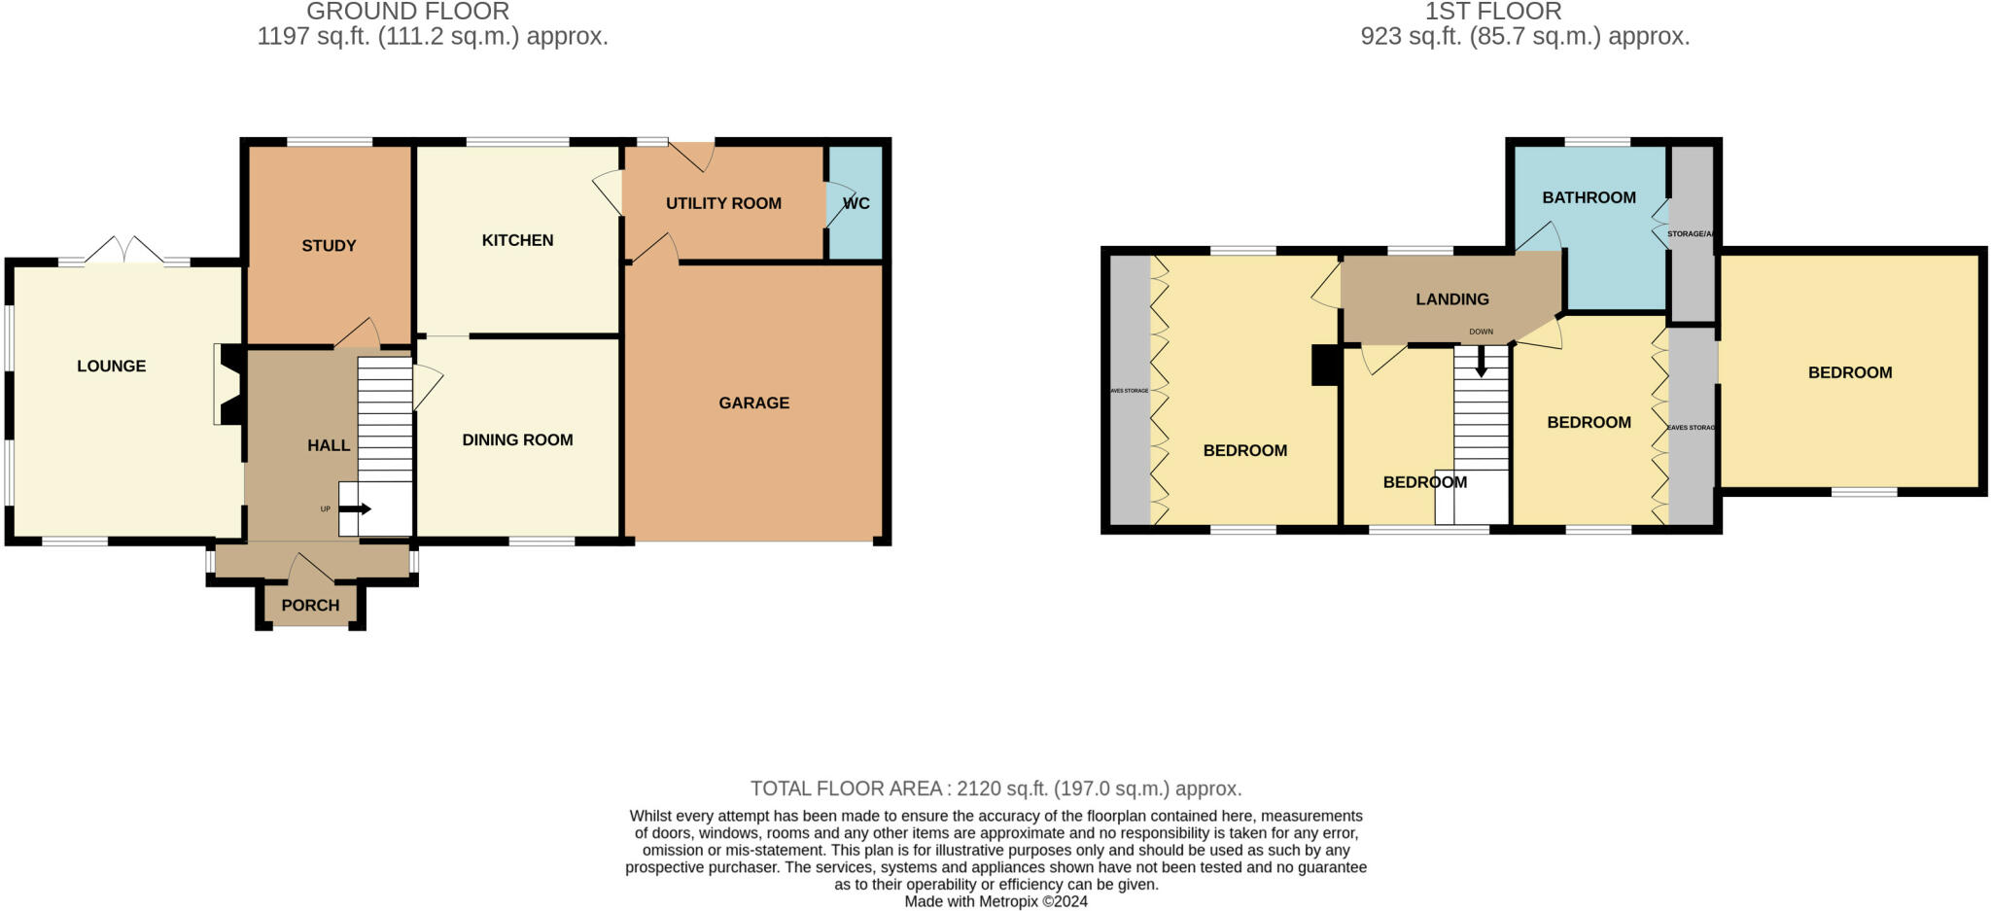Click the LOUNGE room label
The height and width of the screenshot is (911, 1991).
pyautogui.click(x=112, y=367)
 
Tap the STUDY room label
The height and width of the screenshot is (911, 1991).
pyautogui.click(x=329, y=246)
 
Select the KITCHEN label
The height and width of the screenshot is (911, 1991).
pyautogui.click(x=517, y=240)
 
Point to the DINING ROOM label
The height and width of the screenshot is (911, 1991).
pyautogui.click(x=517, y=440)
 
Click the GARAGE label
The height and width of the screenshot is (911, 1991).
pyautogui.click(x=753, y=403)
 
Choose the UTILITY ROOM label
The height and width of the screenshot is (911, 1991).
pyautogui.click(x=723, y=203)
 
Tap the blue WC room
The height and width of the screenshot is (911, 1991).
pyautogui.click(x=856, y=203)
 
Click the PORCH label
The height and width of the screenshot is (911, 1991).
pyautogui.click(x=310, y=605)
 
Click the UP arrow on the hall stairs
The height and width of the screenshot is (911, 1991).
pyautogui.click(x=361, y=508)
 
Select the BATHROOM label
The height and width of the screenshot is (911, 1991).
pyautogui.click(x=1589, y=197)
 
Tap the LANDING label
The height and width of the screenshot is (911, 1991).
pyautogui.click(x=1451, y=299)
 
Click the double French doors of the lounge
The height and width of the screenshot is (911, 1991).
pyautogui.click(x=124, y=251)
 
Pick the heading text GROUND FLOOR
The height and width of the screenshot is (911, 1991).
pyautogui.click(x=407, y=12)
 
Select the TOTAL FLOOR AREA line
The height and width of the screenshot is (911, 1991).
pyautogui.click(x=995, y=788)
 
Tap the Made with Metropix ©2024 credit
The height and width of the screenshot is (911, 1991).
pyautogui.click(x=995, y=901)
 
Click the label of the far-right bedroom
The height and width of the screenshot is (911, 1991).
pyautogui.click(x=1849, y=372)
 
